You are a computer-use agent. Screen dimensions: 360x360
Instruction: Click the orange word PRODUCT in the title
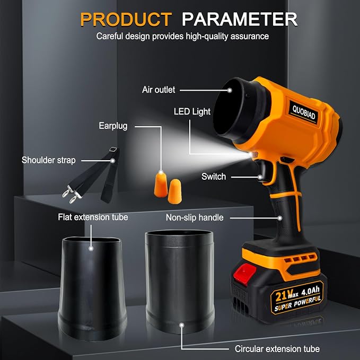126,19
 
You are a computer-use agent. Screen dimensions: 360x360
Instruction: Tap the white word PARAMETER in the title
240,19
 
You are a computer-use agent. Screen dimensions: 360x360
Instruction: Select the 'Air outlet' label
159,90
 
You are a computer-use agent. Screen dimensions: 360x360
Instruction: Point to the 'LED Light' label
192,111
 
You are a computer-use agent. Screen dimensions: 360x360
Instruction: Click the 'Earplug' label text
113,126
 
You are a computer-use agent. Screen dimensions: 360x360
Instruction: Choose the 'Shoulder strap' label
48,160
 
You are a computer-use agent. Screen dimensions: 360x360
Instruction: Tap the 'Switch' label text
214,177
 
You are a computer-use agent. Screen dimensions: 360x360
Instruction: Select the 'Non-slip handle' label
195,217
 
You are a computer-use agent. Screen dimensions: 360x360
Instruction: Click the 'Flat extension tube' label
93,217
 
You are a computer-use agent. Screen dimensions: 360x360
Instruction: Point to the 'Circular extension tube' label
277,349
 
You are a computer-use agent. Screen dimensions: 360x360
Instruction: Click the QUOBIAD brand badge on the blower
303,112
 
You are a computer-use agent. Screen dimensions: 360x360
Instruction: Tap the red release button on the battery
245,274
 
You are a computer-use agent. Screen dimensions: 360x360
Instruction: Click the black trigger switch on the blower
262,171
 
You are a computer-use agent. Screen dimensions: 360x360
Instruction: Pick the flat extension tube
92,288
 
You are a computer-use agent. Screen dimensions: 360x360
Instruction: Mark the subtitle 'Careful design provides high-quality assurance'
182,36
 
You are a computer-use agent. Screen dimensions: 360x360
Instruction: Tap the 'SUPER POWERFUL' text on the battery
297,303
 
